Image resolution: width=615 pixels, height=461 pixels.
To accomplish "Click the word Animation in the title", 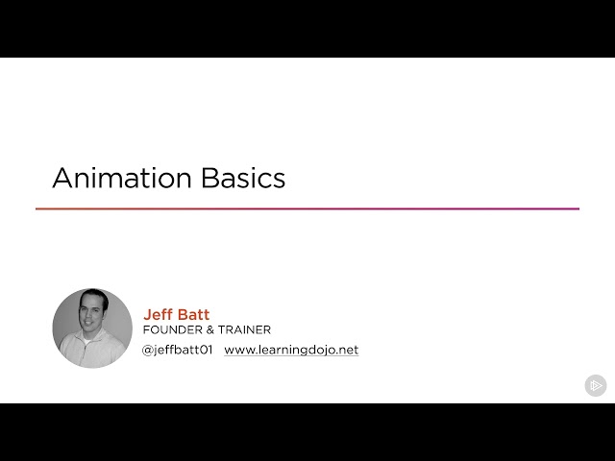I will tap(122, 178).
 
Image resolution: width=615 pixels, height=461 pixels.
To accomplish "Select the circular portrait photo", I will tap(92, 328).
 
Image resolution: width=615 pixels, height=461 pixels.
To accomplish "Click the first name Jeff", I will tap(159, 314).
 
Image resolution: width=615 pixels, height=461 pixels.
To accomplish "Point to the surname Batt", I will tap(194, 314).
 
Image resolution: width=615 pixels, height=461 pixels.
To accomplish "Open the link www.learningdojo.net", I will tap(291, 351).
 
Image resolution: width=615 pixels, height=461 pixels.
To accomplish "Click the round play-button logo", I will tap(596, 385).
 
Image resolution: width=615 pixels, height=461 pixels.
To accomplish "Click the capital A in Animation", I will tap(62, 178).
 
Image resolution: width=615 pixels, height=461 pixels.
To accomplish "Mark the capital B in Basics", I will tap(210, 178).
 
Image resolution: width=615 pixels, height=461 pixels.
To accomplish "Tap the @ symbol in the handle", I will tap(148, 351).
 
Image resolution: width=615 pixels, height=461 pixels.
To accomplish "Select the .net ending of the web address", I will tap(347, 351).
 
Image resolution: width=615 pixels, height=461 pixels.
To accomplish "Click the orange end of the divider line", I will tap(40, 208).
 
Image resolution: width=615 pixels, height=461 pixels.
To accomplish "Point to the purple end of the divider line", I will tap(575, 208).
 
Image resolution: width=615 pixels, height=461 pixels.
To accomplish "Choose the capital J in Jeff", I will tap(147, 314).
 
